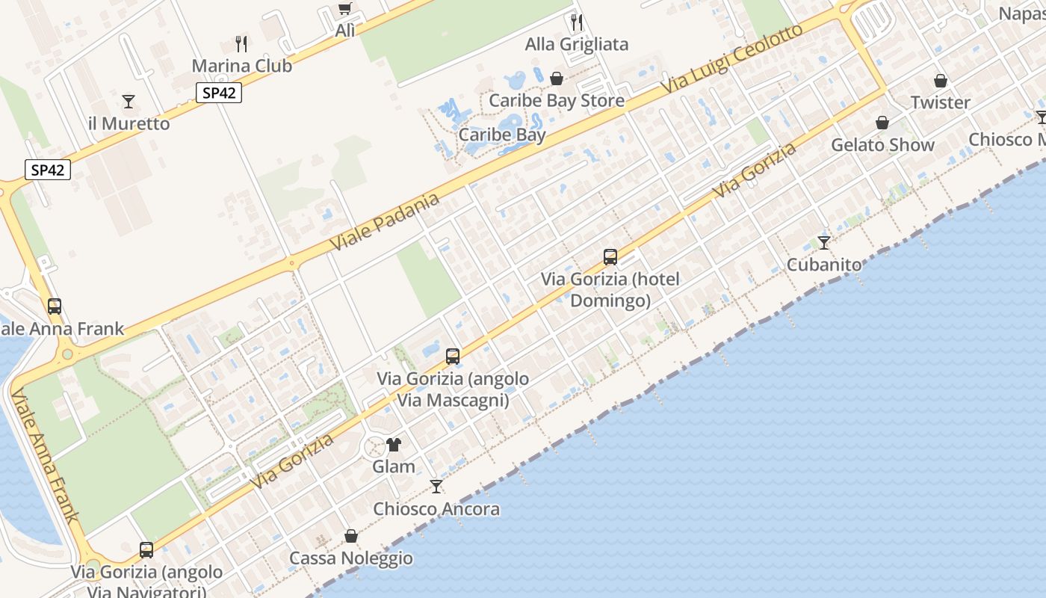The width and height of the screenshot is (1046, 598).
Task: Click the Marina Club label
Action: [241, 66]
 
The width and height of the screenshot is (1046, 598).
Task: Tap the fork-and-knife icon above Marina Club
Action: [241, 43]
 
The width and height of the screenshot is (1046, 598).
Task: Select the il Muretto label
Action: [129, 123]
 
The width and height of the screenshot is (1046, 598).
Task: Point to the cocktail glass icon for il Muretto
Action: [129, 101]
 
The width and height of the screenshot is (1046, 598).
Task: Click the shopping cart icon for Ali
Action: [344, 9]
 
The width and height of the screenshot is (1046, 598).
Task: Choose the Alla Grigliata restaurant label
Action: [576, 44]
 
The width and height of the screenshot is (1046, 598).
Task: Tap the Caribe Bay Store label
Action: [556, 100]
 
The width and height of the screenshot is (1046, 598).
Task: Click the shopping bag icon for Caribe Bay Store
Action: [556, 78]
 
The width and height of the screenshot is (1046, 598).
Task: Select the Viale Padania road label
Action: [385, 222]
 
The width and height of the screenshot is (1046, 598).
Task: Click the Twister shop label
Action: [940, 102]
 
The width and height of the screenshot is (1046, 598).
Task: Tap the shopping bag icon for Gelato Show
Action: [882, 123]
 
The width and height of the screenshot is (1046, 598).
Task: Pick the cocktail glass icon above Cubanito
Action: [823, 243]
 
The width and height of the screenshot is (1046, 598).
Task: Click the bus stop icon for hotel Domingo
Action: [610, 257]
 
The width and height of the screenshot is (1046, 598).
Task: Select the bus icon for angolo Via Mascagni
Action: [453, 357]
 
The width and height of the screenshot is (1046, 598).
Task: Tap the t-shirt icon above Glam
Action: [394, 446]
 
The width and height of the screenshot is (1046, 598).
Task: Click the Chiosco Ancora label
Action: [436, 509]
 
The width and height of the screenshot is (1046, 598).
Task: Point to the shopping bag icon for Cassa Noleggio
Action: [350, 536]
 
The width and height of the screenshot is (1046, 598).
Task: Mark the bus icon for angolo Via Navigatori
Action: [146, 550]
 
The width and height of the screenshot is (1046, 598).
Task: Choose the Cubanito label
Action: [823, 265]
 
